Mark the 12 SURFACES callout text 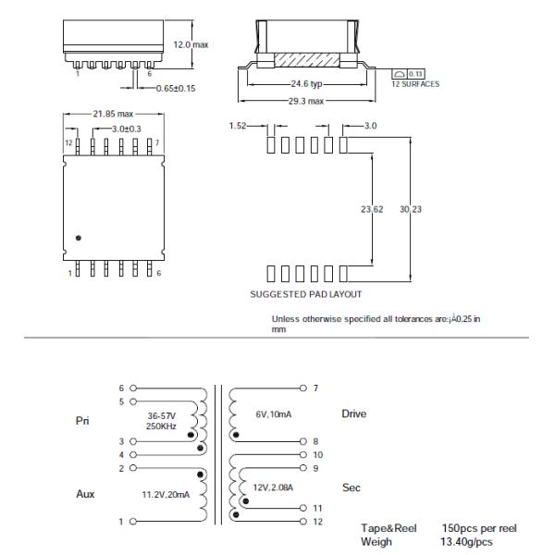pos(414,84)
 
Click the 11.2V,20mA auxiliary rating pos(166,495)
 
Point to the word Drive pos(354,414)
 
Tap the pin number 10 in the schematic pos(317,454)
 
